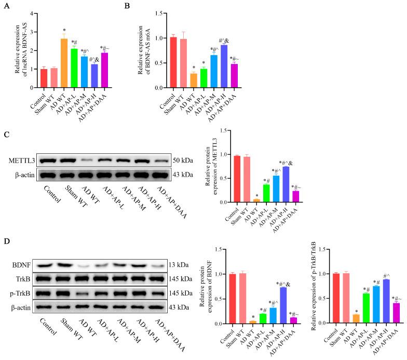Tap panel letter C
pyautogui.click(x=6, y=134)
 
